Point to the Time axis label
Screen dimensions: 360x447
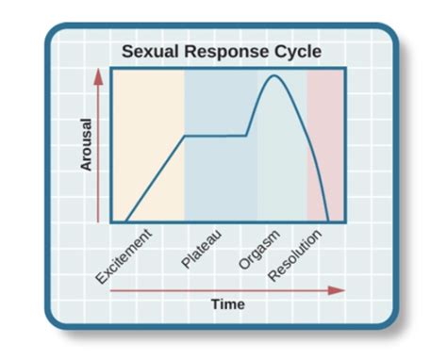click(227, 304)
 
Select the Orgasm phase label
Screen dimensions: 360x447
click(257, 248)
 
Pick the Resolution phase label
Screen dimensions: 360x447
click(295, 254)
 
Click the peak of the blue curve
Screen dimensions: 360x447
click(274, 75)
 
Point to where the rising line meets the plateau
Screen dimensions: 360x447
click(183, 136)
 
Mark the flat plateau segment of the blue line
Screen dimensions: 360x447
click(215, 136)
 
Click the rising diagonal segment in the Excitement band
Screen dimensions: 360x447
click(154, 179)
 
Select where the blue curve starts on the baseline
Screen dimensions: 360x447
click(125, 221)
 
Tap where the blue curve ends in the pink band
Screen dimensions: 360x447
click(327, 221)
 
